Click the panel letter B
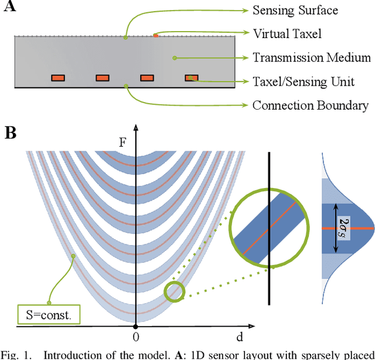[x=10, y=133]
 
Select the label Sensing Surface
[x=295, y=11]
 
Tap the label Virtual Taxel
[x=287, y=34]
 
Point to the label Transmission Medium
[x=311, y=57]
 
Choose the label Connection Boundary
[x=310, y=106]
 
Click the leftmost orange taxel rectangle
[x=58, y=77]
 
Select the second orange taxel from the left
[x=103, y=77]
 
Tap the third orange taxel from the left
[x=147, y=77]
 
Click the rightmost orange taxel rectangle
[x=192, y=77]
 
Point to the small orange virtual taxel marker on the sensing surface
[x=155, y=36]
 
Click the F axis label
[x=122, y=141]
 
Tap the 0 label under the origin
[x=135, y=338]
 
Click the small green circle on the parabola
[x=174, y=292]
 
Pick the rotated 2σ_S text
[x=345, y=225]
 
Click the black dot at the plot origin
[x=135, y=325]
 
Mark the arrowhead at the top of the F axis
[x=135, y=126]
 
